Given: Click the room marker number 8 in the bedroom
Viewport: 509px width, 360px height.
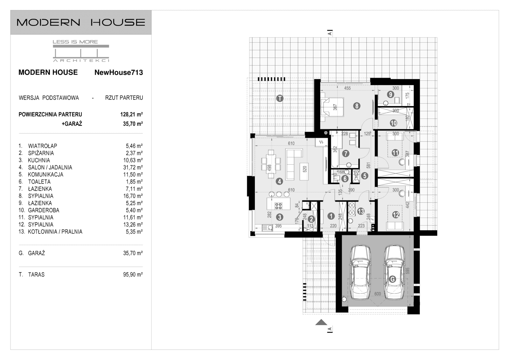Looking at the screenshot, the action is (357, 106).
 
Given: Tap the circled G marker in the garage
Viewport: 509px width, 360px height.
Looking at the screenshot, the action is (393, 279).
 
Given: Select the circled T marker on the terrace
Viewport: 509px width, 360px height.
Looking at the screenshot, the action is (280, 98).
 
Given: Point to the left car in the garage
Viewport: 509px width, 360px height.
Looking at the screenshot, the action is (361, 273).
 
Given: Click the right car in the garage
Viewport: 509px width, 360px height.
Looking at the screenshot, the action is (394, 273).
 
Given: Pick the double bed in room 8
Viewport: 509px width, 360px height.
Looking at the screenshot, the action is (332, 107).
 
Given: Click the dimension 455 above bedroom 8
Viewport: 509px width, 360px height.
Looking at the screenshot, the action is (347, 88).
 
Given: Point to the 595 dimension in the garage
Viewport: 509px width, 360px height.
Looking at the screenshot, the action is (408, 271).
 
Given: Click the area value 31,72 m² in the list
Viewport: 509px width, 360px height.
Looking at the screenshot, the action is (133, 167).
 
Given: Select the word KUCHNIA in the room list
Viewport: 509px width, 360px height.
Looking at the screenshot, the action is (39, 160).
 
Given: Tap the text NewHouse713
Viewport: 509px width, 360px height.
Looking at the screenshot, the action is (119, 73).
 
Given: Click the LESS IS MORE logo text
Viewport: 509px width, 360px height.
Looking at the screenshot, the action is (75, 42).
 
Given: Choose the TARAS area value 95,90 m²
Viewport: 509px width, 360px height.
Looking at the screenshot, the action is (133, 274).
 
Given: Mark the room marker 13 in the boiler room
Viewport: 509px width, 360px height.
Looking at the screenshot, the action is (361, 211).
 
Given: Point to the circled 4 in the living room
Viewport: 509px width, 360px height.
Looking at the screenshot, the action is (279, 181).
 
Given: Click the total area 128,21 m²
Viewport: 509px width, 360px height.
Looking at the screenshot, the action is (132, 114).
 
